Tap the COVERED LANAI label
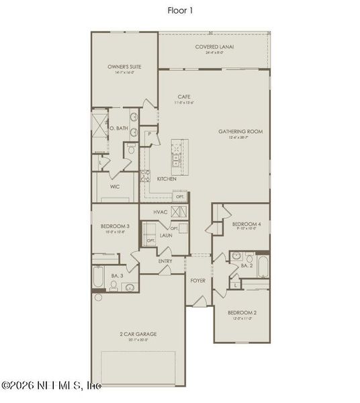[x=210, y=46]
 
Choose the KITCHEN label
[x=167, y=179]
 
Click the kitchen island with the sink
[x=178, y=153]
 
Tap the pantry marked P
[x=150, y=134]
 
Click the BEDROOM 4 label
[x=245, y=224]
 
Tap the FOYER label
[x=197, y=280]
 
